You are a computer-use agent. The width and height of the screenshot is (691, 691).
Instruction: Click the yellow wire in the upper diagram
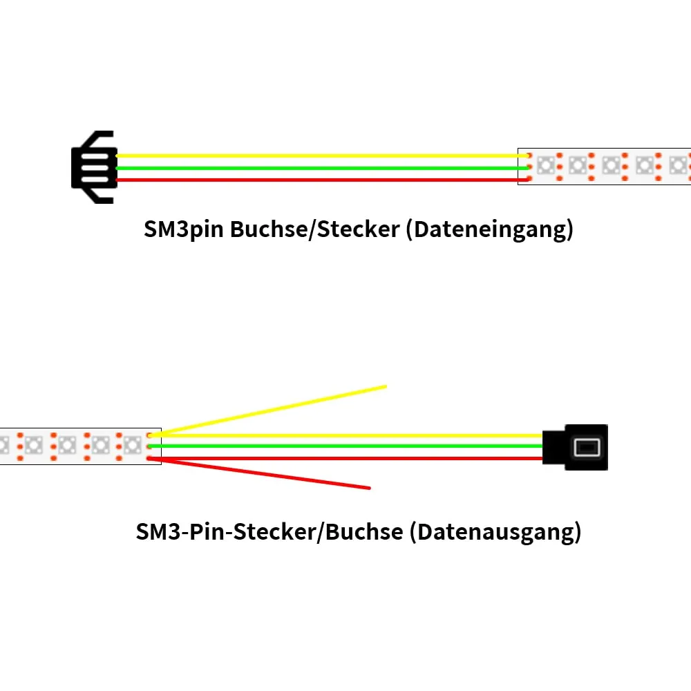(322, 155)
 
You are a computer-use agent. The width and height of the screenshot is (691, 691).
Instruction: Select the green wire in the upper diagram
(322, 168)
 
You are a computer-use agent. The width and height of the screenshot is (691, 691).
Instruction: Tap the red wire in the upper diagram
(322, 180)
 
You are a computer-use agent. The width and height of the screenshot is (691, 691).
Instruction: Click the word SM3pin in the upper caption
(183, 229)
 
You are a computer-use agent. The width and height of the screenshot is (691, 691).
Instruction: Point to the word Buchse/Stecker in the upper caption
(314, 229)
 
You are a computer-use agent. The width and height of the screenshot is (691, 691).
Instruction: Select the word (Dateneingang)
(490, 229)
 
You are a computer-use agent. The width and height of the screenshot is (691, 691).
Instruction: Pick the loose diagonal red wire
(259, 473)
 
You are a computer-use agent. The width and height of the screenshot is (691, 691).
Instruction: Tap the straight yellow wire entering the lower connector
(346, 435)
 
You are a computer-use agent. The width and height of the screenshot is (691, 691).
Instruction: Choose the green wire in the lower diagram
(346, 446)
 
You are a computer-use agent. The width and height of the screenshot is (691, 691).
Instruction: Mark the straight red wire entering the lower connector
(346, 458)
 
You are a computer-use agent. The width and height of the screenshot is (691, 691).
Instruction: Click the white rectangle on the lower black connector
(587, 448)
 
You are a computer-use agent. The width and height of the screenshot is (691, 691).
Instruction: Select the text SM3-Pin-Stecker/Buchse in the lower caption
(269, 532)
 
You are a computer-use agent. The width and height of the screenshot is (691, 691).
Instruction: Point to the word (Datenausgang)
(495, 532)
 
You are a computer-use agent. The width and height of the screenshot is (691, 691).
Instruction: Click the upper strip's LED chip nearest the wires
(546, 166)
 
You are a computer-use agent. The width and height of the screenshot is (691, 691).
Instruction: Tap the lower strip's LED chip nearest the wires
(132, 446)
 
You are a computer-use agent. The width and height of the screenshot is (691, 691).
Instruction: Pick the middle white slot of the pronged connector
(94, 168)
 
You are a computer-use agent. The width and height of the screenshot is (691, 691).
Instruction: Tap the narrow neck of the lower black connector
(554, 447)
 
